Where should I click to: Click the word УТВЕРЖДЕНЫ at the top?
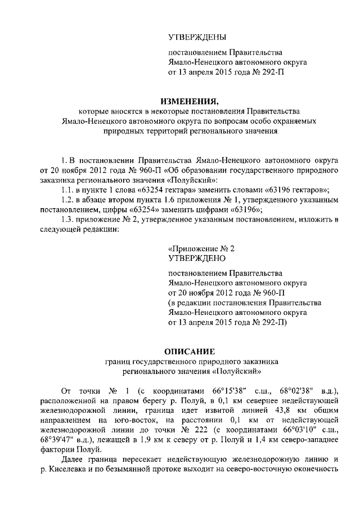pos(197,37)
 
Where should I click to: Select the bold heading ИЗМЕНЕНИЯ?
pos(188,101)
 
